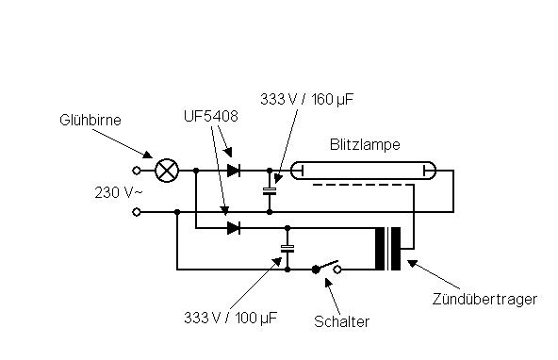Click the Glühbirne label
tap(90, 120)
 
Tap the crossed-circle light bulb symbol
tap(167, 171)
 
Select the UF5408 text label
tap(211, 116)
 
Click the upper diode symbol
tap(234, 171)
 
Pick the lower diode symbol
tap(234, 228)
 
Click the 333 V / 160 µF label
tap(306, 99)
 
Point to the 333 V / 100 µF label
tap(230, 318)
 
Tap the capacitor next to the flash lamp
tap(270, 191)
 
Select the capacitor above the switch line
tap(287, 249)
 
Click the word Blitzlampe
tap(365, 144)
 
